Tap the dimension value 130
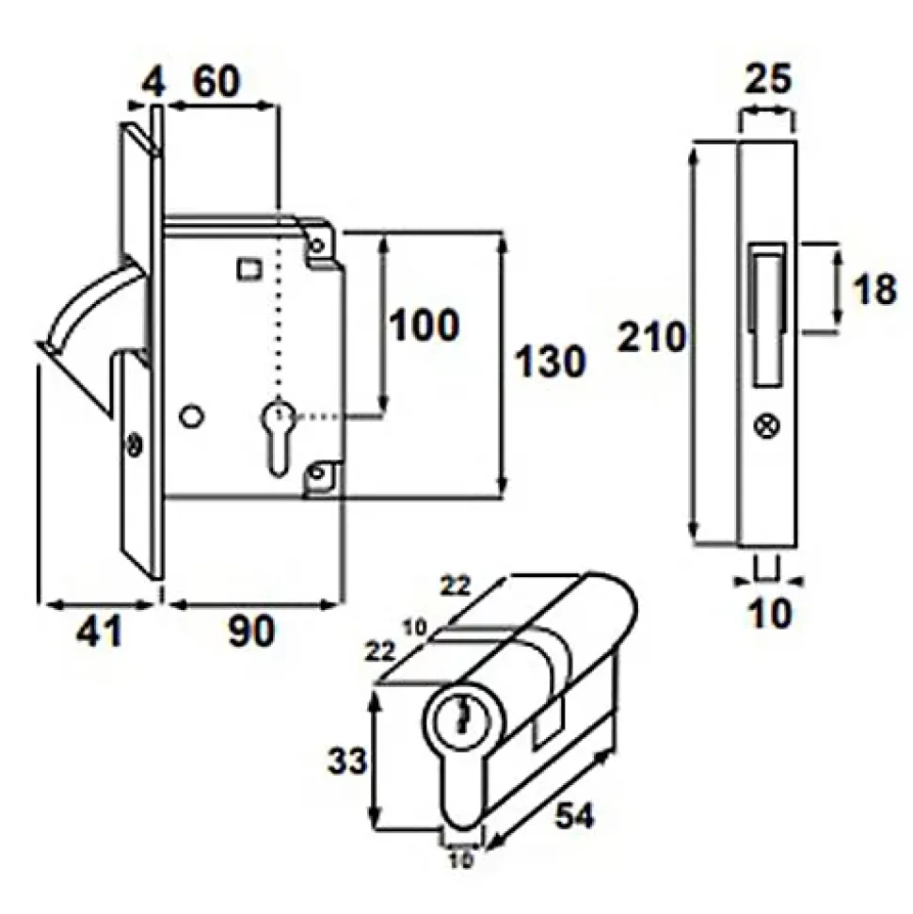[x=550, y=361]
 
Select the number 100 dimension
[x=424, y=325]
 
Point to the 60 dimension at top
[x=216, y=81]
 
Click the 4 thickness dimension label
[x=154, y=82]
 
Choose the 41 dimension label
[x=99, y=631]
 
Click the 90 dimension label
[x=250, y=631]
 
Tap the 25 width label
[x=768, y=78]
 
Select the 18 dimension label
[x=873, y=289]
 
